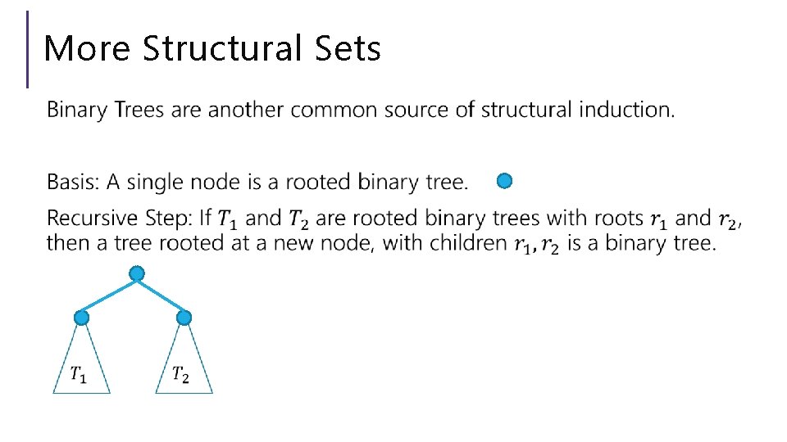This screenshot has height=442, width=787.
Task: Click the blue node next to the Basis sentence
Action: [x=505, y=181]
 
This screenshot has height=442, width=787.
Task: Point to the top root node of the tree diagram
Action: [x=137, y=273]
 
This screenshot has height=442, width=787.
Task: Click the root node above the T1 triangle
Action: [x=81, y=317]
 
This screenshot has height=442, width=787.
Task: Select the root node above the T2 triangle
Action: [x=184, y=317]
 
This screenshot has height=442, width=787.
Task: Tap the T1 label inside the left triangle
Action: [x=79, y=375]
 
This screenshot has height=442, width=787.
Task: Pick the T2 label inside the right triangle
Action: [x=181, y=375]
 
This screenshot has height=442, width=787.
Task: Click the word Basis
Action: [x=68, y=182]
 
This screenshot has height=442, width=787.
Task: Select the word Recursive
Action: [x=86, y=219]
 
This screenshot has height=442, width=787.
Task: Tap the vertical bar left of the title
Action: [x=28, y=49]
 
